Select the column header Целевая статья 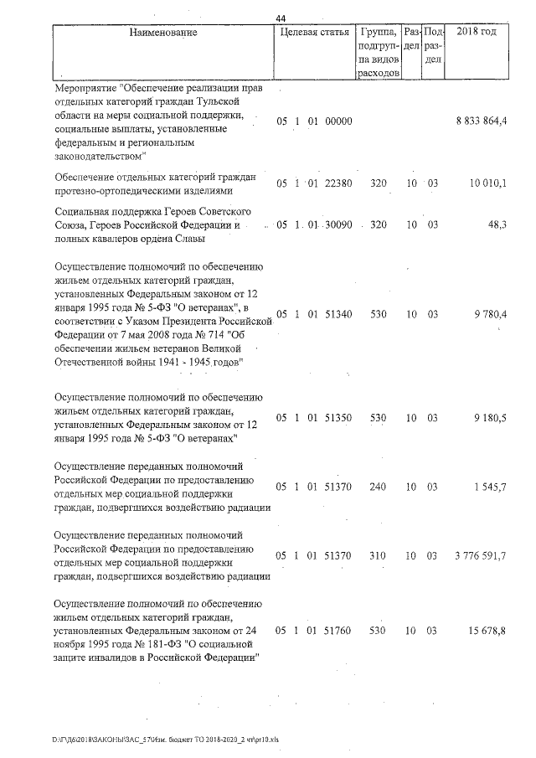pos(313,33)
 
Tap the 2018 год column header pos(479,33)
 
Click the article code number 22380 pos(338,183)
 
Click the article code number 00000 pos(338,121)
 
